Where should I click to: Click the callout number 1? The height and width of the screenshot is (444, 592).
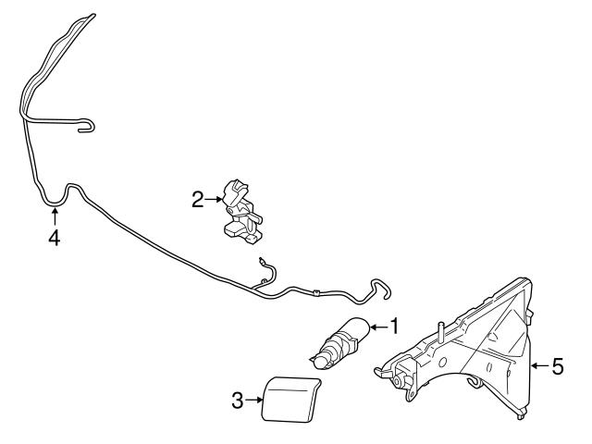tap(394, 327)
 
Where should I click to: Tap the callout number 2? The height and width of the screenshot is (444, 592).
tap(197, 200)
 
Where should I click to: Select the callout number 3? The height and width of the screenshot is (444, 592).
tap(237, 401)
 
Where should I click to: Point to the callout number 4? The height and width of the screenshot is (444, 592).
tap(55, 238)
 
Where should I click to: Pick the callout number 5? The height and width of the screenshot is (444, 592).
tap(557, 366)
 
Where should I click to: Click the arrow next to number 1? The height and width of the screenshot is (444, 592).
tap(379, 327)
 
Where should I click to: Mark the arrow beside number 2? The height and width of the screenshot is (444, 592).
tap(214, 199)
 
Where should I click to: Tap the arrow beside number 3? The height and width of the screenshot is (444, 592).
tap(253, 400)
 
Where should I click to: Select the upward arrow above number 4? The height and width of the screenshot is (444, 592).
tap(55, 216)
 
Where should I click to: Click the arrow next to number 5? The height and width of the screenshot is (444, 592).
tap(540, 365)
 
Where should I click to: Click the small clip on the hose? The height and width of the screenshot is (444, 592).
tap(316, 292)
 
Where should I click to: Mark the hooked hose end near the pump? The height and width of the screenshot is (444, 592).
tap(381, 289)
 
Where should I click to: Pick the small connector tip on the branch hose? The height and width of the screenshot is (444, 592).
tap(261, 261)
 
